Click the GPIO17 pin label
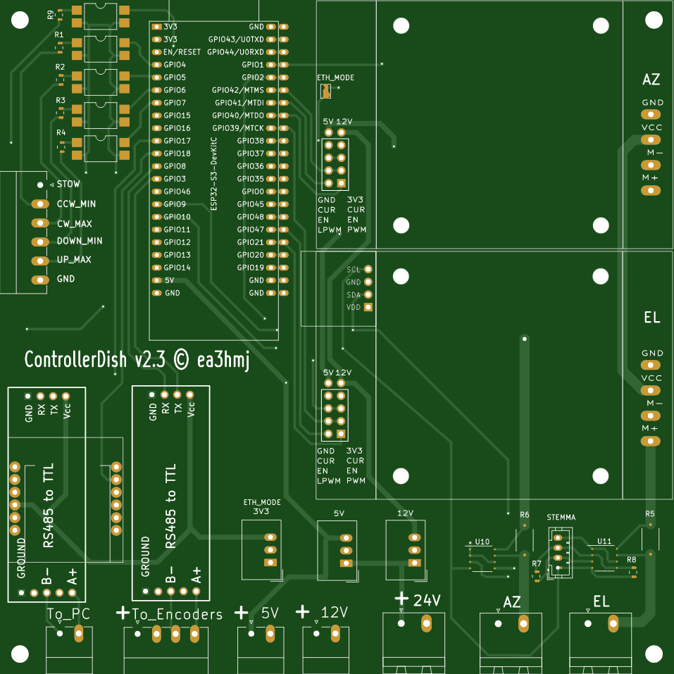tap(177, 141)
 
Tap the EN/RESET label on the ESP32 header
tap(182, 52)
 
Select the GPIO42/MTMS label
tap(238, 90)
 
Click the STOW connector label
tap(68, 184)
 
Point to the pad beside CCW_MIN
tap(40, 204)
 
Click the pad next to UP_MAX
tap(40, 261)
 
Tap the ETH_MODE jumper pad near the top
tap(326, 91)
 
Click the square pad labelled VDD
tap(368, 307)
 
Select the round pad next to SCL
tap(368, 270)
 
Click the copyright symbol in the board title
tap(182, 359)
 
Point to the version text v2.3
tap(150, 360)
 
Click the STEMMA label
tap(561, 517)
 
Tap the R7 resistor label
tap(537, 563)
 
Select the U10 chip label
tap(482, 542)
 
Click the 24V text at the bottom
tap(427, 601)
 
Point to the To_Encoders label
tap(177, 614)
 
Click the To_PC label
tap(69, 614)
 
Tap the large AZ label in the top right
tap(651, 80)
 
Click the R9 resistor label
tap(51, 15)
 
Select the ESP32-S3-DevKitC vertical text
tap(213, 174)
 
